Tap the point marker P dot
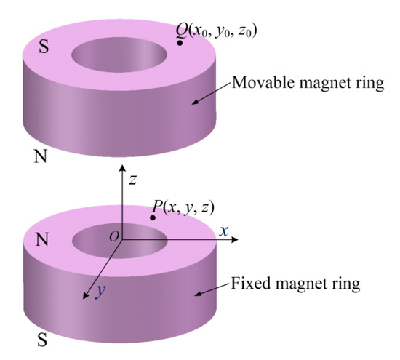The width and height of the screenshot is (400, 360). click(152, 218)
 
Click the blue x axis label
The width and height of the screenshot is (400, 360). click(225, 231)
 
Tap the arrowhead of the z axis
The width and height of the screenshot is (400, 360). click(121, 170)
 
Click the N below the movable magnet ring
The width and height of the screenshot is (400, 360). click(41, 156)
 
